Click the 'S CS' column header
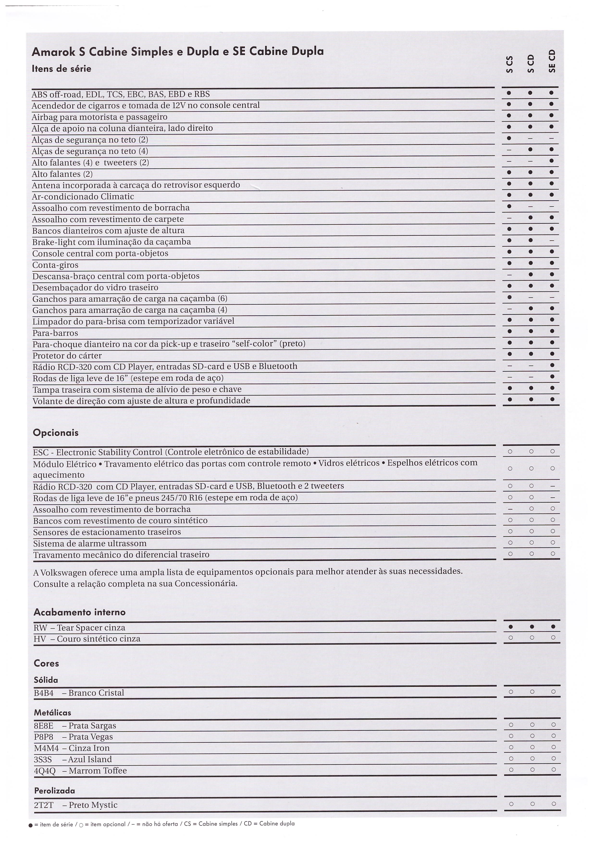(x=509, y=65)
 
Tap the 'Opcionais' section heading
(x=56, y=433)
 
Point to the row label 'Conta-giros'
(x=55, y=265)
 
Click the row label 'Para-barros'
(x=55, y=333)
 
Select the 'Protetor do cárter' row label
(x=67, y=355)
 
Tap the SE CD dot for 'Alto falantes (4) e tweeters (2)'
(x=552, y=161)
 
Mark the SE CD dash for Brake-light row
(x=552, y=241)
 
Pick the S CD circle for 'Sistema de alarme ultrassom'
(x=531, y=542)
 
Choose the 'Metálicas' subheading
(x=53, y=712)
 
